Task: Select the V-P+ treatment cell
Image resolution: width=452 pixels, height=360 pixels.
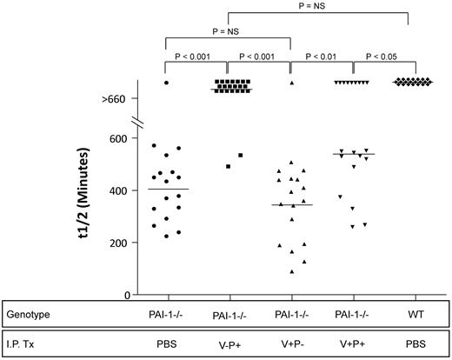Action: [x=228, y=343]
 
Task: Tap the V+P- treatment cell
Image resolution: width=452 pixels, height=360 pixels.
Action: [x=291, y=343]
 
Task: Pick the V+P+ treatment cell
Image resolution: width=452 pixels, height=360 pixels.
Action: [x=352, y=343]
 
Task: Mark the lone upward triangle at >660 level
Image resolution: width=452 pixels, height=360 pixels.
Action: [x=291, y=83]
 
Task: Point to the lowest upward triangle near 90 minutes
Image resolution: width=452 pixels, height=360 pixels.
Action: [x=291, y=272]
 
